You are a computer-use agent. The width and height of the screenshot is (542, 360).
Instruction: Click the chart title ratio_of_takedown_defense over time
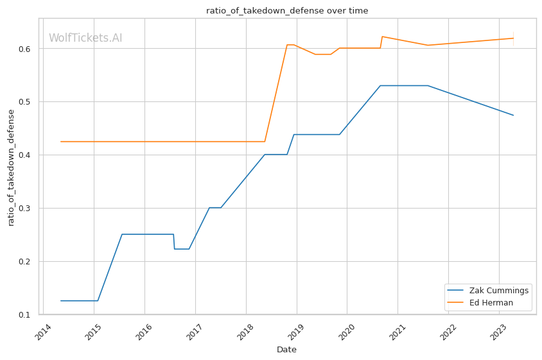tap(287, 10)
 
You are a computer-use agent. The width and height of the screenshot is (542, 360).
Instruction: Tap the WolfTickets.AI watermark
tap(85, 38)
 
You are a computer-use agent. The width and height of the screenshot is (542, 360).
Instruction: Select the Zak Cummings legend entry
tap(499, 290)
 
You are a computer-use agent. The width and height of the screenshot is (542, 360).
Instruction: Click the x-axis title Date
tap(286, 350)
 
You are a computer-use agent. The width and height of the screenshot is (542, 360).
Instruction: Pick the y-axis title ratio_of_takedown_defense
tap(11, 167)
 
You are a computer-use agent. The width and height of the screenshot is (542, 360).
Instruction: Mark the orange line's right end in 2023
tap(513, 38)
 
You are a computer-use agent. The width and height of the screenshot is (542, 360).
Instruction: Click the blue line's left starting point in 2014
tap(61, 300)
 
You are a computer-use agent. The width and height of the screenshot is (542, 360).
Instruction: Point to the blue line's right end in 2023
tap(513, 115)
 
